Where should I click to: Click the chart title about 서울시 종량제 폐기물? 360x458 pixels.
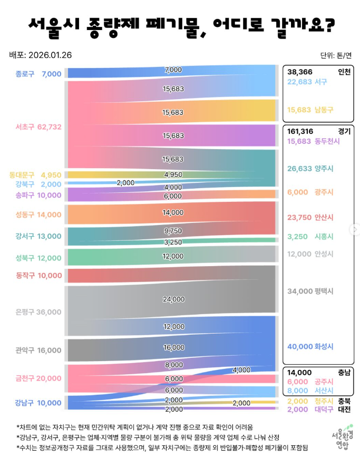[x=180, y=25]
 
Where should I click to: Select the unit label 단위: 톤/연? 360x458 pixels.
[x=335, y=55]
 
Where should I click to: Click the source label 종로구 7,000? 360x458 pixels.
[x=38, y=74]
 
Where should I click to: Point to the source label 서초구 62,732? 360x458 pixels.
[x=38, y=126]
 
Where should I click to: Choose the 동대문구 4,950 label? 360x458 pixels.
[x=36, y=174]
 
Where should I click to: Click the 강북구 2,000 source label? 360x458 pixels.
[x=38, y=184]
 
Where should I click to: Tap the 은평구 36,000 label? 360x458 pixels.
[x=38, y=311]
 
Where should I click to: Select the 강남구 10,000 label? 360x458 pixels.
[x=38, y=403]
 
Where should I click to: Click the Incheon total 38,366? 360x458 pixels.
[x=299, y=72]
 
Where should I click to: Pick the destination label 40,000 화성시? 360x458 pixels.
[x=310, y=346]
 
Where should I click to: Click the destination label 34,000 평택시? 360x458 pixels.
[x=310, y=291]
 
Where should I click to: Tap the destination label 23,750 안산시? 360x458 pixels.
[x=310, y=217]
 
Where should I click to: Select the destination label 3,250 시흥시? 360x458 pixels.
[x=310, y=236]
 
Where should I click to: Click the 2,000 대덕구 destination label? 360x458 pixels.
[x=310, y=410]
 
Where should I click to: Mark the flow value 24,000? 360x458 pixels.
[x=173, y=299]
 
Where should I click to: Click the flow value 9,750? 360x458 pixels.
[x=173, y=231]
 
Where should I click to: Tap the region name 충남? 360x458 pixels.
[x=344, y=372]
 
